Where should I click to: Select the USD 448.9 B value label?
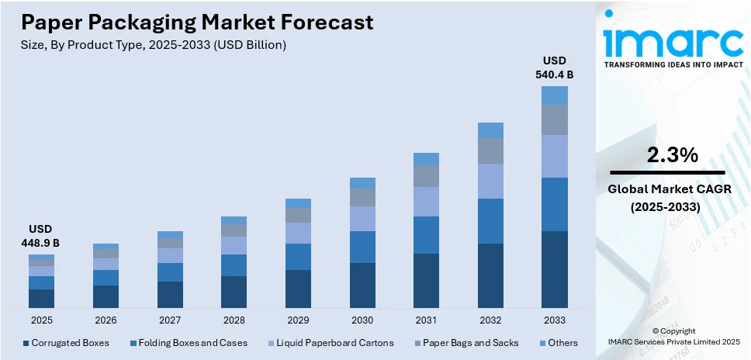(x=41, y=237)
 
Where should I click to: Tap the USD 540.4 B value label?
(x=554, y=67)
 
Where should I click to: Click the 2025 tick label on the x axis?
(x=41, y=320)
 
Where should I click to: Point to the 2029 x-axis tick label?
(x=298, y=320)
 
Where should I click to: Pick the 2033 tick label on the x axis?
(x=554, y=320)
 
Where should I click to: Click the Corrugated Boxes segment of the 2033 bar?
(x=554, y=270)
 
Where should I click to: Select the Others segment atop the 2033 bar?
(x=554, y=95)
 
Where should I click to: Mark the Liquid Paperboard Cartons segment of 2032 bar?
(x=490, y=181)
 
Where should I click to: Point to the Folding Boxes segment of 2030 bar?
(x=362, y=247)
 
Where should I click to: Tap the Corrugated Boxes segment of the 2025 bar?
(x=41, y=299)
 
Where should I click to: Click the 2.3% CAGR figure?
(x=672, y=155)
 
